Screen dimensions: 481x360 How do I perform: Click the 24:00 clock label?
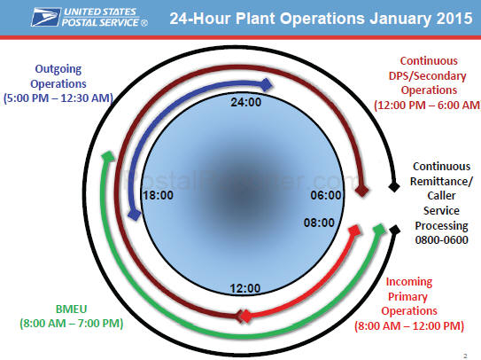tap(246, 102)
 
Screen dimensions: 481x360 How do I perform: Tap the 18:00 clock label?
tap(159, 195)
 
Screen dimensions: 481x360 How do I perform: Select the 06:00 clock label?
tap(326, 195)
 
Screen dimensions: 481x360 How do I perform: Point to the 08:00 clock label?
tap(319, 223)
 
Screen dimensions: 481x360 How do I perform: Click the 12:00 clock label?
tap(245, 288)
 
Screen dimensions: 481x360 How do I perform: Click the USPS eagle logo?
tap(45, 17)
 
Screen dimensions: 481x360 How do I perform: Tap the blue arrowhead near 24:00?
tap(267, 84)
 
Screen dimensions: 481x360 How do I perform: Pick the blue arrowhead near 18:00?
tap(134, 214)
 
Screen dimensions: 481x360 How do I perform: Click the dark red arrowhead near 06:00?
tap(361, 191)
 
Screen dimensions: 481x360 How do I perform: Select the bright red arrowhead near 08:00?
tap(354, 231)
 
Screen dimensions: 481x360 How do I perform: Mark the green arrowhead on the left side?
tap(108, 156)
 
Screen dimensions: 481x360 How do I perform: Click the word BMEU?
tap(71, 309)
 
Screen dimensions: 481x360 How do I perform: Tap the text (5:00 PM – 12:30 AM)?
tap(58, 98)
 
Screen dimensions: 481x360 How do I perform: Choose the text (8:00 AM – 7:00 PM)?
tap(72, 324)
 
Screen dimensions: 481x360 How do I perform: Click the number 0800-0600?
tap(441, 239)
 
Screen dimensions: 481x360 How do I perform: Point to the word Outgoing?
tap(58, 69)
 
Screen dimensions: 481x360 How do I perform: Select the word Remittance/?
tap(441, 181)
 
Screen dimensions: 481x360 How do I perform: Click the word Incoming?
tap(409, 282)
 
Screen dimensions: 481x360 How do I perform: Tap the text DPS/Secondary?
tap(427, 75)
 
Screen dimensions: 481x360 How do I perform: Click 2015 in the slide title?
tap(454, 18)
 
